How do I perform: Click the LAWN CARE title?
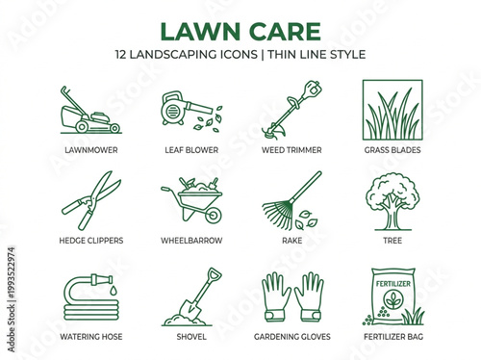tap(240, 30)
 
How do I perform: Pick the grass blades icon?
tap(392, 110)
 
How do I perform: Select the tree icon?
tap(392, 197)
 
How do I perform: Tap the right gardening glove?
tap(309, 296)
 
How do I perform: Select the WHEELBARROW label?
tap(190, 241)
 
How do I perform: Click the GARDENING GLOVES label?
tap(291, 338)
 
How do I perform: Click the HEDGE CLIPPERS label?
tap(91, 241)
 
